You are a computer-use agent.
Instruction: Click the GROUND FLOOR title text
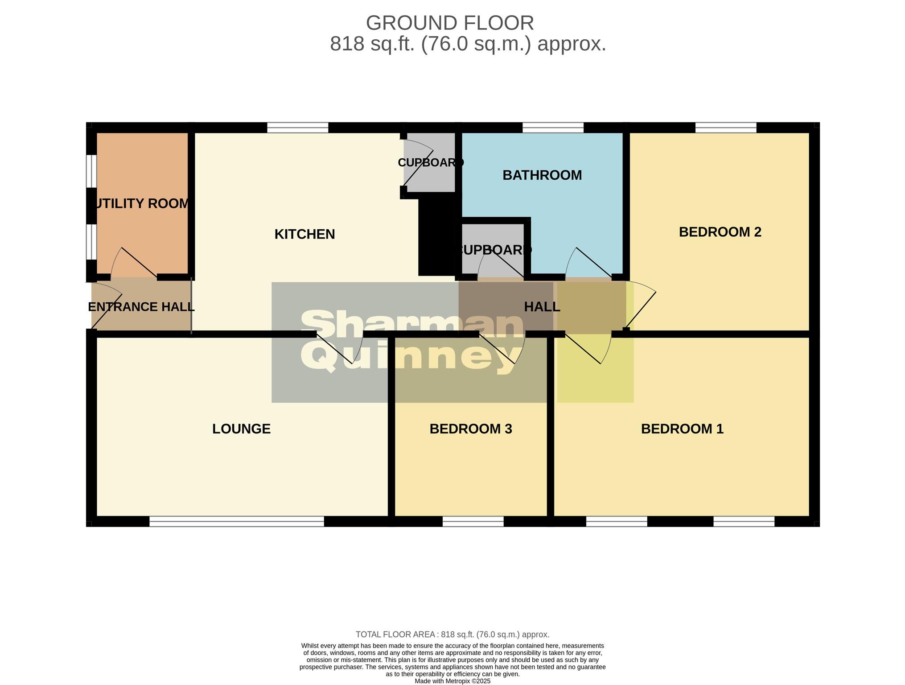(x=449, y=23)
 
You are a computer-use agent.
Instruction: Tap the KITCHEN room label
(x=304, y=234)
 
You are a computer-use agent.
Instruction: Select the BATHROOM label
(x=542, y=175)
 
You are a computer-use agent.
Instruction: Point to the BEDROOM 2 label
(x=720, y=232)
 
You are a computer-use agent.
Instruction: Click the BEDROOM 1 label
(x=682, y=429)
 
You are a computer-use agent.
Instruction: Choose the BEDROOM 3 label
(x=470, y=429)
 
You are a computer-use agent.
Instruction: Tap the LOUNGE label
(x=241, y=429)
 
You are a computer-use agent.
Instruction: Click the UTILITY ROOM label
(x=141, y=203)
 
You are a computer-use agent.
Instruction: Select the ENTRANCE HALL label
(x=141, y=307)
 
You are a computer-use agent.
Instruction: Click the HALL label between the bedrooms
(x=542, y=307)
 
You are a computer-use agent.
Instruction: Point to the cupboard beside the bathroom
(x=494, y=250)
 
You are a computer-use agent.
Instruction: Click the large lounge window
(x=236, y=521)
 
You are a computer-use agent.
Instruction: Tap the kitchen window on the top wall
(x=297, y=128)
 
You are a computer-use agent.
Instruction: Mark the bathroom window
(x=552, y=128)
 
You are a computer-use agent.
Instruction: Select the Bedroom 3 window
(x=473, y=521)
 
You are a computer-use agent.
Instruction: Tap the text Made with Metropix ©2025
(x=452, y=681)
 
